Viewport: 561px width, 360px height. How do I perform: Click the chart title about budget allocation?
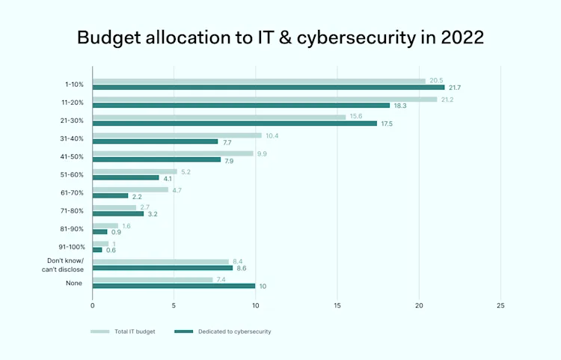[280, 37]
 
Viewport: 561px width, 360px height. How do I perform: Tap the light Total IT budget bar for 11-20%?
[265, 99]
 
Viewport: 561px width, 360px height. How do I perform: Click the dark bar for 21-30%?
[235, 123]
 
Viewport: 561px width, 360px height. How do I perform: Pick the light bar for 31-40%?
[177, 135]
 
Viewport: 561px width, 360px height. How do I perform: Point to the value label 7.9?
[230, 160]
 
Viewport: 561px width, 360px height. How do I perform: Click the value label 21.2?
[447, 99]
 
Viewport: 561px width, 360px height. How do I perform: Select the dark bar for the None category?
[174, 286]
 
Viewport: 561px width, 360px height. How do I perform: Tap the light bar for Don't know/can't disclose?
[161, 261]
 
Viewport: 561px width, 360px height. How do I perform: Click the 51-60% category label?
[73, 174]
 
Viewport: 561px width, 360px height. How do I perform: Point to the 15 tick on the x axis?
[337, 305]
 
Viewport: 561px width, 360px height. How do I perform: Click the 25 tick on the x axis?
[500, 305]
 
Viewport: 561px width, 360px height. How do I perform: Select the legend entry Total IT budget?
[123, 332]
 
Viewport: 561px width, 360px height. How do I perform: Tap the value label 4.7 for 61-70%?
[177, 190]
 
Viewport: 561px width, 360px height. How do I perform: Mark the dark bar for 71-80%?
[118, 214]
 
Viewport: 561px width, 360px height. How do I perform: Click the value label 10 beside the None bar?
[263, 286]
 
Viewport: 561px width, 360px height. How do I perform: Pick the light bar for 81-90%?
[105, 225]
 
